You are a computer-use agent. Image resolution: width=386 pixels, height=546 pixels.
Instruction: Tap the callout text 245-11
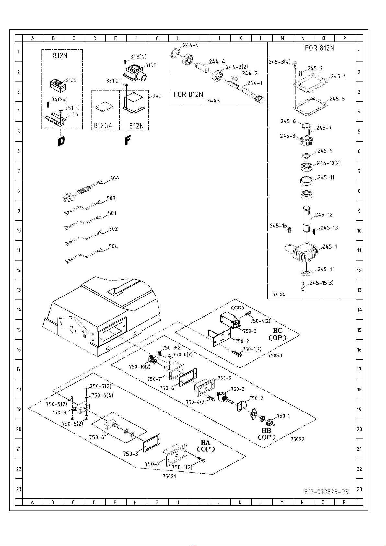coord(326,178)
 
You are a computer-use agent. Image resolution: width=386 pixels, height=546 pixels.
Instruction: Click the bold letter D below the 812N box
coord(62,142)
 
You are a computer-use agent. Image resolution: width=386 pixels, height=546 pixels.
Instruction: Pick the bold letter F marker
coord(127,140)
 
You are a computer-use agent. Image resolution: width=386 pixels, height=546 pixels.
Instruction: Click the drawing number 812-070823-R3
coord(326,492)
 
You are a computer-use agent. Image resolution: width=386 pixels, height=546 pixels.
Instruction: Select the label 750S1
coord(169,476)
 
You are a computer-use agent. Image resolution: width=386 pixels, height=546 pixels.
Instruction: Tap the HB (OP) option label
coord(267,434)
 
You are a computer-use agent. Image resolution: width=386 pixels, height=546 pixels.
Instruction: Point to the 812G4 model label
coord(103,126)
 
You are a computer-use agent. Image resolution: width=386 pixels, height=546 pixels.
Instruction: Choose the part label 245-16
coord(278,226)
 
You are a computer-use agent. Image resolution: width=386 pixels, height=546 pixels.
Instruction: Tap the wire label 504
coord(113,247)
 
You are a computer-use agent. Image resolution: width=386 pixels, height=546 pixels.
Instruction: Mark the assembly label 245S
coord(279,294)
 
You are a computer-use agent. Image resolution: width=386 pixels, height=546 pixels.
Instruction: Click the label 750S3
coord(275,355)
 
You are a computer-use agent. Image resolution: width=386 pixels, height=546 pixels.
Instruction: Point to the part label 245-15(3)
coord(322,283)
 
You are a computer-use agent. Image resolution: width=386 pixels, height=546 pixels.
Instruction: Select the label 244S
coord(213,100)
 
